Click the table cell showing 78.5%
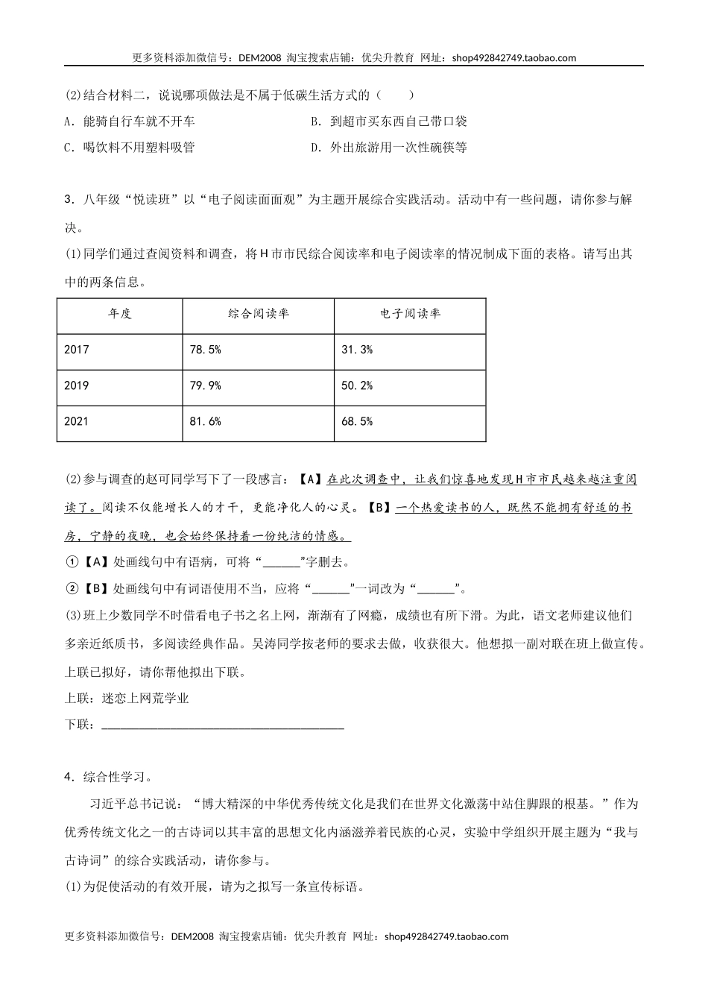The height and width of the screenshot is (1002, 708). click(x=206, y=350)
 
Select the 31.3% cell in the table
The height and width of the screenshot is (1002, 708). click(x=357, y=350)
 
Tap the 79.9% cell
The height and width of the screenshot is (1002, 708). click(x=206, y=385)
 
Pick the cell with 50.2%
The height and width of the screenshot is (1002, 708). click(x=357, y=385)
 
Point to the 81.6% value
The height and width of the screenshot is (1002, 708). click(x=206, y=421)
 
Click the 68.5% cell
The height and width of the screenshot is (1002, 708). click(x=357, y=421)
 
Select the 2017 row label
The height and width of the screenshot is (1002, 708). click(x=77, y=350)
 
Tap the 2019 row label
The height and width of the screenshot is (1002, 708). click(x=77, y=385)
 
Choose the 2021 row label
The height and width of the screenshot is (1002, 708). click(x=77, y=421)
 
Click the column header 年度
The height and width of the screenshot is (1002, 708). click(x=119, y=314)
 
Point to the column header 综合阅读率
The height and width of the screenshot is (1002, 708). click(x=258, y=314)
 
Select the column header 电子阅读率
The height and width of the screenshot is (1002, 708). click(x=410, y=314)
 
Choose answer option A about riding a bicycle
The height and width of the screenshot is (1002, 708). click(x=130, y=122)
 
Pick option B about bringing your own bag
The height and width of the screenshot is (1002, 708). click(x=389, y=122)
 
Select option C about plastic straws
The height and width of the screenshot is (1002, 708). click(x=130, y=148)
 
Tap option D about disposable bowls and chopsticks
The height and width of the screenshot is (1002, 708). click(x=389, y=148)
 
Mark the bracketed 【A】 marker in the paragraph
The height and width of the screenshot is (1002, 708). click(x=309, y=479)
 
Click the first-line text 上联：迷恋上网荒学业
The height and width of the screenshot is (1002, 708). click(x=127, y=699)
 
